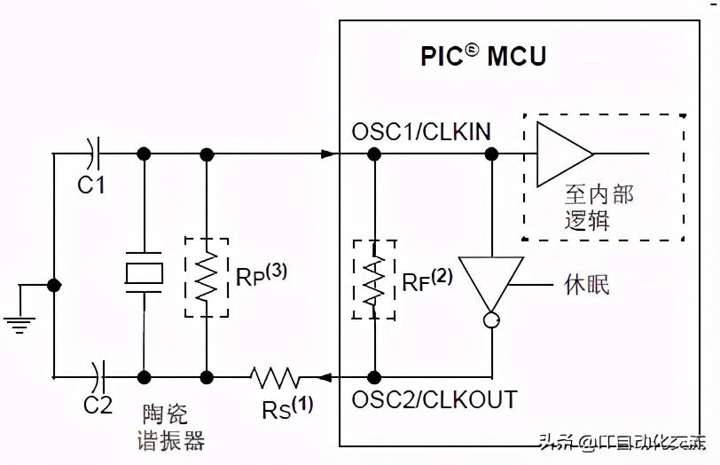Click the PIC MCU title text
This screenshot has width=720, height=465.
(x=483, y=56)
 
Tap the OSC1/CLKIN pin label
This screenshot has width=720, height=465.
(x=421, y=132)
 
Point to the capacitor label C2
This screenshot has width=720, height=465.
(x=98, y=405)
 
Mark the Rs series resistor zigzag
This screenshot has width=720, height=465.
(x=276, y=379)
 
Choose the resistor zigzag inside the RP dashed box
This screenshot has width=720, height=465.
(x=207, y=277)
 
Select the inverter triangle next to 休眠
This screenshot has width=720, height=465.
(x=490, y=284)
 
